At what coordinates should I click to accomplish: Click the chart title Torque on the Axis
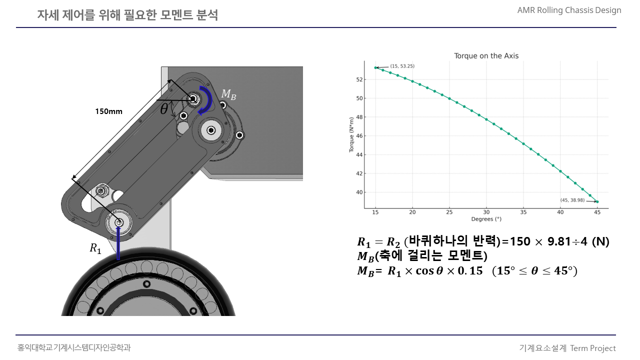click(486, 55)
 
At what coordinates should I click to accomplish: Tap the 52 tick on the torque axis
click(359, 79)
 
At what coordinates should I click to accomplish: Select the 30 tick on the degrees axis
click(486, 212)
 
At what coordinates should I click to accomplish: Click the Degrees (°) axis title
click(486, 219)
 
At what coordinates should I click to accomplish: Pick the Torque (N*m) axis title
click(351, 134)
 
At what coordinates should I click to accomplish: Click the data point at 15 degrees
click(375, 67)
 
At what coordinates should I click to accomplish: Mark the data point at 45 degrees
click(597, 201)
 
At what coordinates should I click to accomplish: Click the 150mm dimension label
click(108, 111)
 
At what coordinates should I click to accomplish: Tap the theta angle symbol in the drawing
click(164, 108)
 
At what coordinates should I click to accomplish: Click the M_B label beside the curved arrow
click(228, 94)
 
